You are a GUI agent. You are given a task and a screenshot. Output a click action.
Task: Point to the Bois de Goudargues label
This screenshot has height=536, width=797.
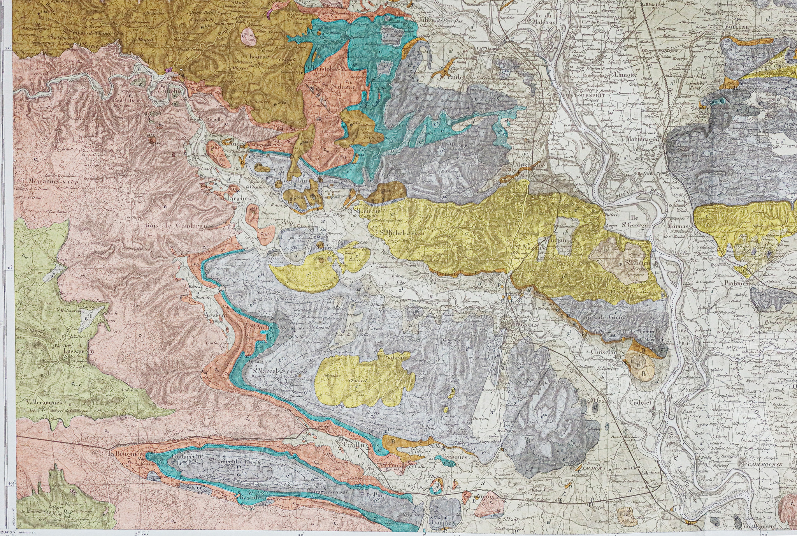point(178,226)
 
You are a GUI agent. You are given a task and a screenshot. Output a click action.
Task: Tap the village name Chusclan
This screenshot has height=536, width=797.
point(604,352)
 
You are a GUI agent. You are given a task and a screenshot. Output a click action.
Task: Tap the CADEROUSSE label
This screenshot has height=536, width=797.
point(759,465)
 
